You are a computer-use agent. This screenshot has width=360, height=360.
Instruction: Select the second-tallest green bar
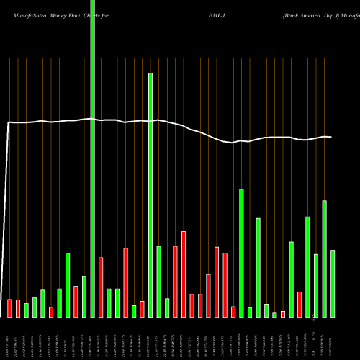point(150,194)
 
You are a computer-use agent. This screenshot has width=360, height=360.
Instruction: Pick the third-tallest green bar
point(242,252)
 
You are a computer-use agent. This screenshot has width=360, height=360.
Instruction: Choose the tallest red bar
point(184,274)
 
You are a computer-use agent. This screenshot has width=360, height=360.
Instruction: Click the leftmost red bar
point(10,307)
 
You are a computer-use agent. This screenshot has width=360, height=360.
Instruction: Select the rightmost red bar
point(300,304)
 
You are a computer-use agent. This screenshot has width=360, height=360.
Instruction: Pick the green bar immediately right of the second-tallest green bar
point(158,281)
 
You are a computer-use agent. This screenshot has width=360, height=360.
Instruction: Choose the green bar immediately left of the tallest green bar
point(84,296)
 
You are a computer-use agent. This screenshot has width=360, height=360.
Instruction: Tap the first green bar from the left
point(27,310)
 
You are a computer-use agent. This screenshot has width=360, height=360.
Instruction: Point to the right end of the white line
point(331,137)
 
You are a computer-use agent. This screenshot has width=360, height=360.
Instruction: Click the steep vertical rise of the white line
point(7,216)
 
